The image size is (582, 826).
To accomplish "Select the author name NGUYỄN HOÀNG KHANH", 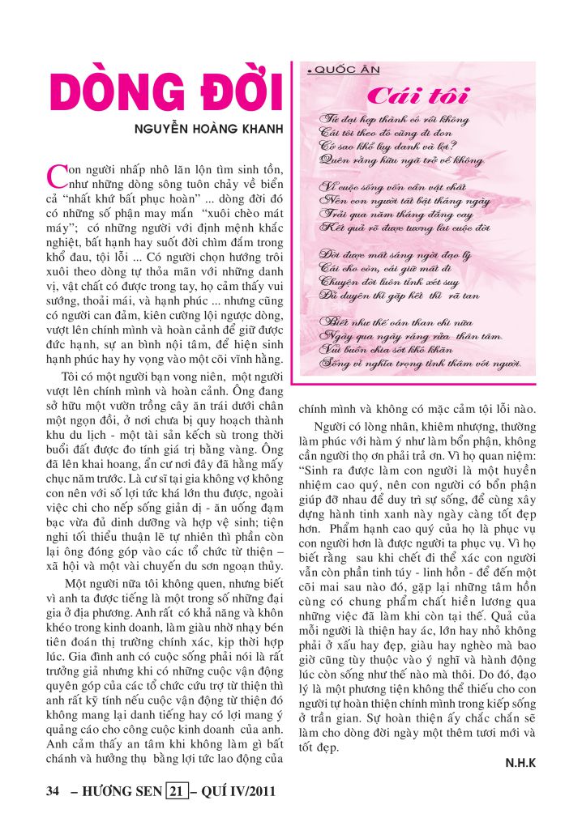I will pos(214,130).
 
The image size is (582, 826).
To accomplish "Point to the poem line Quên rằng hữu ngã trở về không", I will pos(402,160).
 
